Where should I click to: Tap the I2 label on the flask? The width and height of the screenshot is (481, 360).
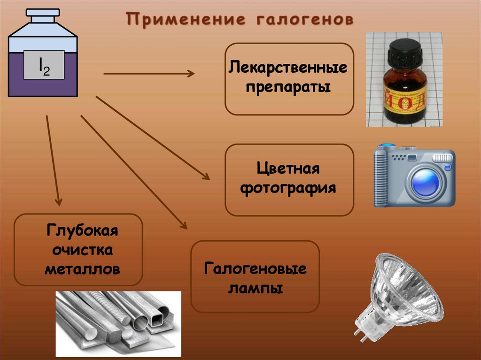(x=44, y=65)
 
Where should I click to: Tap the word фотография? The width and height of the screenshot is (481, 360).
(x=288, y=188)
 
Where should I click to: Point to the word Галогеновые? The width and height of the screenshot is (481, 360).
(x=255, y=269)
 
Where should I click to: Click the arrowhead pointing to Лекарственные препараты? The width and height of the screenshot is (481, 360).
(x=190, y=73)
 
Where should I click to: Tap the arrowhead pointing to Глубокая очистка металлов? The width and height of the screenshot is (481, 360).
(x=58, y=202)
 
